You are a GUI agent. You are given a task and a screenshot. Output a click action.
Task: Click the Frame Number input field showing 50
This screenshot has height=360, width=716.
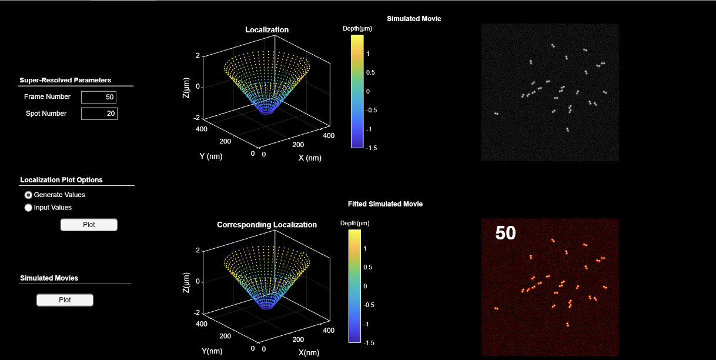99,97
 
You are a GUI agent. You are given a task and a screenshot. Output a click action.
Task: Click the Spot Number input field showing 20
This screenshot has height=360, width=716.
99,114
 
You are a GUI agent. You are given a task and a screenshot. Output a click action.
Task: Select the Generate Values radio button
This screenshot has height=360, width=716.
28,195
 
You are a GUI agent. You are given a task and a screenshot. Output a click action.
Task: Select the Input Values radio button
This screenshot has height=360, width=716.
28,208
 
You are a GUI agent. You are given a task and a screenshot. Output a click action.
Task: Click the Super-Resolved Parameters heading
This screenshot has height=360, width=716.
65,80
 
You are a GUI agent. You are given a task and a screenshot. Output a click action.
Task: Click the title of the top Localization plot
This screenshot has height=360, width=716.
267,29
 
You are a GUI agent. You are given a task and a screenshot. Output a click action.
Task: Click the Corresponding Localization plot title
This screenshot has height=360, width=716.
267,225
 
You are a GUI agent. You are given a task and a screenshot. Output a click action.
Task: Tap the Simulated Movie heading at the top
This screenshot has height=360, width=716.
414,19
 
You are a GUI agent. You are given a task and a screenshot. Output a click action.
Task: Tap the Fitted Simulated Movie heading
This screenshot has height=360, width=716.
385,204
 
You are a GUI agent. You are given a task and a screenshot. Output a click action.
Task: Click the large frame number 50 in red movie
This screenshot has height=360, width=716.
506,234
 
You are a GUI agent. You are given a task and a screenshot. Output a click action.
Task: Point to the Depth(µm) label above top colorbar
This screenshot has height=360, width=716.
357,28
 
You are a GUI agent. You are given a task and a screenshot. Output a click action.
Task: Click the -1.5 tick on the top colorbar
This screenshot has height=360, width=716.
372,148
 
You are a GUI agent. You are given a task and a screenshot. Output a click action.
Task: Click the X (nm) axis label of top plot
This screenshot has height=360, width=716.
310,158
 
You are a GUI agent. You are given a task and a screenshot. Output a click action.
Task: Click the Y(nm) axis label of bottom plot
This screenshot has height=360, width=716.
216,351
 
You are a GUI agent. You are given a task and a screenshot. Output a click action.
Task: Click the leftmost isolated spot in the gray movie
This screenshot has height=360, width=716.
496,114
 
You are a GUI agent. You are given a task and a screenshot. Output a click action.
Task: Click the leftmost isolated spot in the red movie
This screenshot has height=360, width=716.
496,308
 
